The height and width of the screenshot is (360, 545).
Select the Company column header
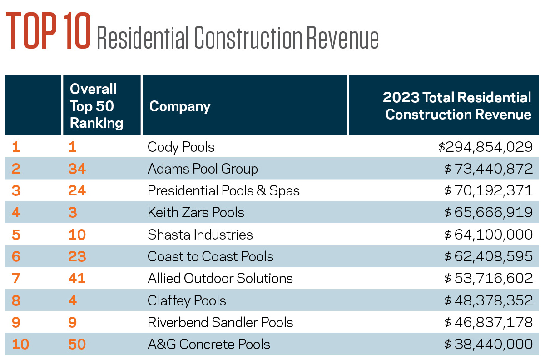[x=180, y=106]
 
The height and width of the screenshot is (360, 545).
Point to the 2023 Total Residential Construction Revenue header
[x=457, y=106]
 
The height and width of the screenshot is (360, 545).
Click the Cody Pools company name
[x=181, y=147]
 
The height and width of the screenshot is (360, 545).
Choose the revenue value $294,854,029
[x=485, y=147]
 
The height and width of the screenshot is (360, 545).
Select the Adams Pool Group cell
[x=203, y=169]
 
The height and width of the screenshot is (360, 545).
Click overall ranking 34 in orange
[x=78, y=169]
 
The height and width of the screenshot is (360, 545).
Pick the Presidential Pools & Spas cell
[x=223, y=190]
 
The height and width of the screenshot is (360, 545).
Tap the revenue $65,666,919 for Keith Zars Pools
[x=488, y=212]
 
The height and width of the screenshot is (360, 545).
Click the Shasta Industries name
[x=200, y=235]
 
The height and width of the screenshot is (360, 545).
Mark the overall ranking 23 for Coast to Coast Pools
[x=78, y=256]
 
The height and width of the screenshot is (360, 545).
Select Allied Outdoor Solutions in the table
[x=220, y=278]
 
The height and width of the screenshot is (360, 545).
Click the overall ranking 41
[x=78, y=278]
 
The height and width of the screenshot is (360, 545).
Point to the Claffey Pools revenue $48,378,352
[x=488, y=300]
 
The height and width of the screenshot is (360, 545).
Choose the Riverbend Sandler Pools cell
[x=220, y=322]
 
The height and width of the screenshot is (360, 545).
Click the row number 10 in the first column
[x=20, y=344]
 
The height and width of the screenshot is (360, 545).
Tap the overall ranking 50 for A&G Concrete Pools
[x=78, y=344]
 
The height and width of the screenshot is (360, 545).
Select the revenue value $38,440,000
[x=488, y=344]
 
